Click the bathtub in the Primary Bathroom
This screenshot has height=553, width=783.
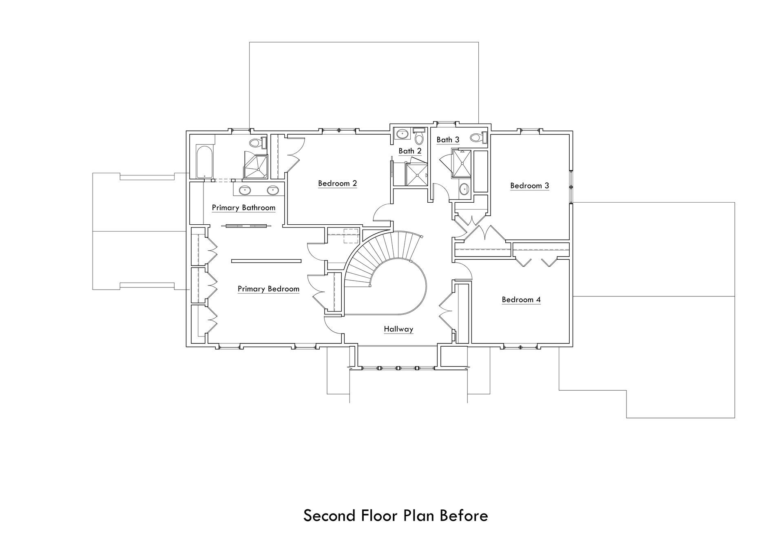pos(203,161)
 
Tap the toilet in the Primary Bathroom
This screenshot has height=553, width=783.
pos(258,143)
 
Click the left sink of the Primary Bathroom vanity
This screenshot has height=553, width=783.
pos(245,190)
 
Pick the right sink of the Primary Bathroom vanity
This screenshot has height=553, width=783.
pos(273,190)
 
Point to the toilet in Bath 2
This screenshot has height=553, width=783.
pos(419,136)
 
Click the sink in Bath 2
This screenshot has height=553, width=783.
pos(403,133)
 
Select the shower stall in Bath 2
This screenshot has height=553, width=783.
pos(417,174)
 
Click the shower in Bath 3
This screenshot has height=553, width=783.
pos(462,164)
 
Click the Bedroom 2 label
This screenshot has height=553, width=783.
pos(338,184)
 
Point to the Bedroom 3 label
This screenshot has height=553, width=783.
pos(530,186)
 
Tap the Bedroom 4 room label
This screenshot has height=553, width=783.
pos(521,300)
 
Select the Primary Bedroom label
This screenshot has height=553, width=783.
pos(269,289)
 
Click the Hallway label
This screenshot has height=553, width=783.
pos(398,329)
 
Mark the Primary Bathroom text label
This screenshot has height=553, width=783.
pos(243,208)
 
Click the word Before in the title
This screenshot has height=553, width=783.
pos(464,516)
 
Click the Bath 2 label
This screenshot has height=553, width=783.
pos(410,151)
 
